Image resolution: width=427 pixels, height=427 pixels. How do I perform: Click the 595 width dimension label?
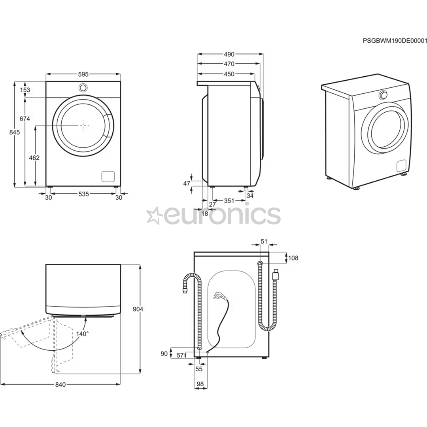(83, 74)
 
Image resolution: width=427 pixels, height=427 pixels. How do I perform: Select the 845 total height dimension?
(14, 133)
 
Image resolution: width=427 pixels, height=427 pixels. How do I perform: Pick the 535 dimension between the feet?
(83, 194)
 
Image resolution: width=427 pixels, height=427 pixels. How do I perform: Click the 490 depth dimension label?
(229, 55)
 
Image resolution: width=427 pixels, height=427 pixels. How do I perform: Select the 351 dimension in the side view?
(229, 201)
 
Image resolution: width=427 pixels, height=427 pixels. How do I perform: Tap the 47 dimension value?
(187, 183)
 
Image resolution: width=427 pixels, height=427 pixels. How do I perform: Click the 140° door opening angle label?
(82, 333)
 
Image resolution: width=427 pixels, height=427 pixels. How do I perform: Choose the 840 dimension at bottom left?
(60, 384)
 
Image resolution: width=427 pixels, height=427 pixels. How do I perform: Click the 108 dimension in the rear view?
(293, 258)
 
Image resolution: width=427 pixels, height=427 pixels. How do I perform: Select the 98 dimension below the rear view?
(200, 384)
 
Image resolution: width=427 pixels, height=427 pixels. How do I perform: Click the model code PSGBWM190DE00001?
(395, 41)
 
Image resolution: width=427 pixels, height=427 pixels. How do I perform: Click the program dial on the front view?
(83, 88)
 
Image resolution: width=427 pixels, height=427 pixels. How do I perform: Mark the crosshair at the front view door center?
(83, 125)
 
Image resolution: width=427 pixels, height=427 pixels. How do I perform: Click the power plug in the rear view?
(219, 295)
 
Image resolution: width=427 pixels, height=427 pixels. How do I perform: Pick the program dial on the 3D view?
(383, 95)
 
